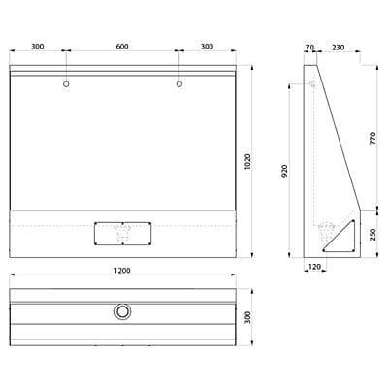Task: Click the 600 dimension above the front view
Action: pyautogui.click(x=122, y=46)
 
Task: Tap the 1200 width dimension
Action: pyautogui.click(x=122, y=272)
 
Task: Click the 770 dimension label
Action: pyautogui.click(x=372, y=137)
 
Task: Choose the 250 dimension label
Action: pyautogui.click(x=372, y=234)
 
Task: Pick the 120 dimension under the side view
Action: pyautogui.click(x=314, y=265)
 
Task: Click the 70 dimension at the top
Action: pyautogui.click(x=309, y=46)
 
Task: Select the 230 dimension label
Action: pyautogui.click(x=338, y=46)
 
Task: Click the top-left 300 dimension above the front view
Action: pyautogui.click(x=37, y=46)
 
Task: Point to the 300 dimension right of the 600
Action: pyautogui.click(x=208, y=46)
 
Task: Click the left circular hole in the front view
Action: pyautogui.click(x=66, y=85)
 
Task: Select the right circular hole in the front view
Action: pyautogui.click(x=179, y=85)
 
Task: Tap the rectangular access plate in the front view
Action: pyautogui.click(x=122, y=233)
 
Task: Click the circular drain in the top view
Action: pyautogui.click(x=122, y=311)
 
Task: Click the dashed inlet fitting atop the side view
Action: pyautogui.click(x=312, y=85)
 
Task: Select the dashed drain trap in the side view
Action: pyautogui.click(x=324, y=232)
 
